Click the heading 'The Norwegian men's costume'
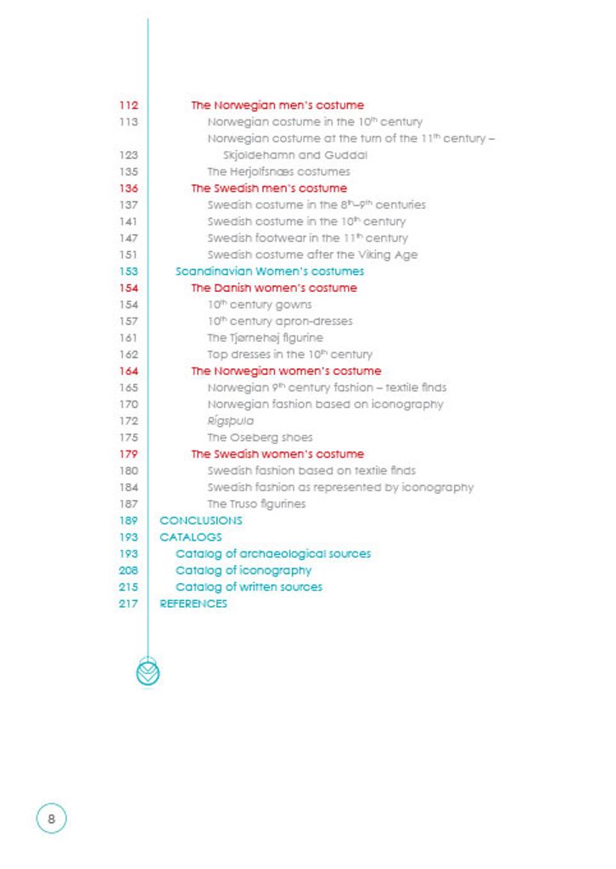(277, 105)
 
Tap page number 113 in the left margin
(129, 122)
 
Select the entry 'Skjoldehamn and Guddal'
(294, 155)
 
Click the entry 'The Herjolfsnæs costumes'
(278, 171)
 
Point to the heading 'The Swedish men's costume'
(268, 188)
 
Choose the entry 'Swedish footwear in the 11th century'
(307, 238)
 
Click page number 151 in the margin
(129, 255)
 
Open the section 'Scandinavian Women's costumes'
(269, 272)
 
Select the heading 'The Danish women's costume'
(273, 289)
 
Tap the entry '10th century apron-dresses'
(279, 322)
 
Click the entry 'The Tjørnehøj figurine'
(265, 338)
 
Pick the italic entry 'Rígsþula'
(230, 421)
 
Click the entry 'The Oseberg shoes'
(260, 438)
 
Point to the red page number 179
(129, 454)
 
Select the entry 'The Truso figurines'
(256, 504)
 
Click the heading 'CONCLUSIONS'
(200, 520)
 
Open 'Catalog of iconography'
(243, 570)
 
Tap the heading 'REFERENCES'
(193, 603)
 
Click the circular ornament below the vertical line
(148, 672)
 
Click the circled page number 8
(51, 819)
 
